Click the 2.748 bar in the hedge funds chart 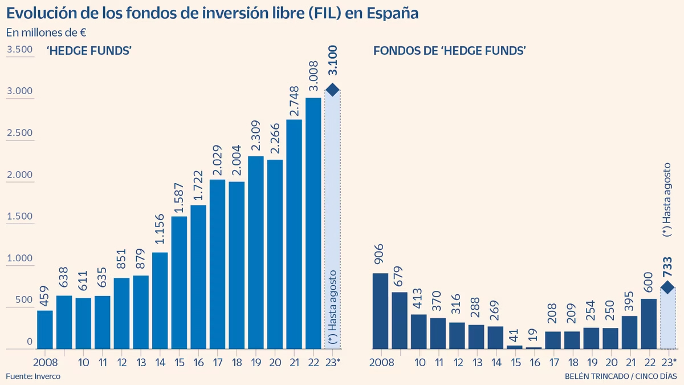[294, 234]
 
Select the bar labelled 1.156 [160, 301]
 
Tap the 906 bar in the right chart [380, 311]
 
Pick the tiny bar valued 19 [534, 347]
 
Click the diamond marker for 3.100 [332, 90]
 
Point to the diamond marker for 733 [667, 287]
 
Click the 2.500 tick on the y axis [19, 133]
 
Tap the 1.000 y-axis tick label [19, 258]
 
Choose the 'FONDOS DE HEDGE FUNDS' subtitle [449, 51]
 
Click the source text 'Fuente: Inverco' [33, 376]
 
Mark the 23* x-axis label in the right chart [667, 362]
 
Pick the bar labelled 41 [515, 346]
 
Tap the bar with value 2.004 [237, 265]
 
